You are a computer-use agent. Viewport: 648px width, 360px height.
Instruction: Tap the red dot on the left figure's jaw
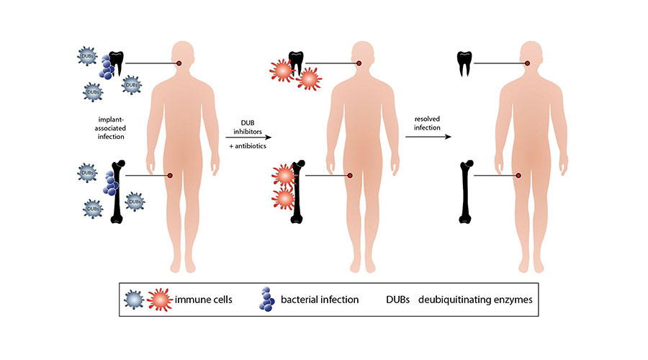179,64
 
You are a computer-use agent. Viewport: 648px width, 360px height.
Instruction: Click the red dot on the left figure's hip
170,175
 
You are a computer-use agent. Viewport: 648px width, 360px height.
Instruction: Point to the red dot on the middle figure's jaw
359,64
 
